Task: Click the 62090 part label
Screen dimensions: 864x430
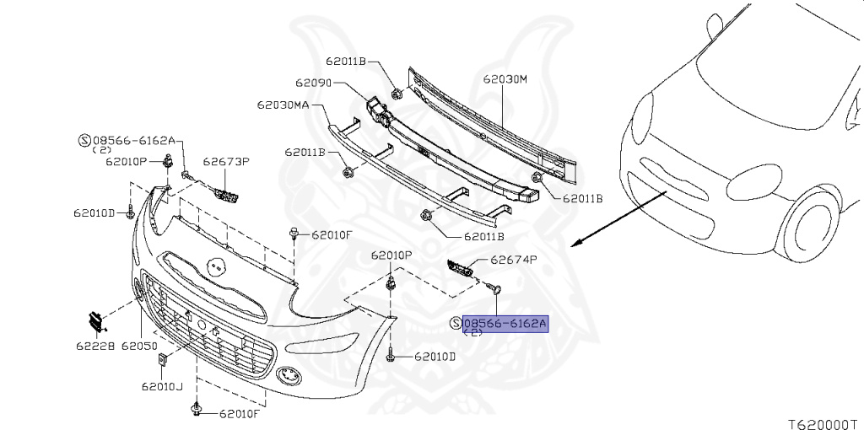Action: tap(313, 83)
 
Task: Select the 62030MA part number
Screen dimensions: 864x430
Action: tap(283, 105)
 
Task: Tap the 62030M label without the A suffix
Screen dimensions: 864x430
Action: tap(505, 79)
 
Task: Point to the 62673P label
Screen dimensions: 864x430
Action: tap(226, 161)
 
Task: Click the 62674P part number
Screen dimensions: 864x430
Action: tap(514, 260)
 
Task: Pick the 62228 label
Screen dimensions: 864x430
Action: tap(95, 346)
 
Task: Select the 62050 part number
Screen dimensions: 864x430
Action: tap(139, 346)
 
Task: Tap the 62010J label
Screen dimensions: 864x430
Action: tap(162, 386)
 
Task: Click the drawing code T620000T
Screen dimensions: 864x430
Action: tap(826, 424)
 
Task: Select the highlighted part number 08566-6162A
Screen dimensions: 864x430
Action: tap(505, 324)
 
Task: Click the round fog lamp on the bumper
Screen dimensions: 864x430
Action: tap(289, 375)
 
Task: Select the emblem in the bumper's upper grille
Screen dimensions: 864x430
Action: tap(213, 267)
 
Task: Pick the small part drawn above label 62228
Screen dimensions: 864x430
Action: tap(96, 322)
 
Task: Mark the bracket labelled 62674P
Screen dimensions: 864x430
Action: tap(461, 269)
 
